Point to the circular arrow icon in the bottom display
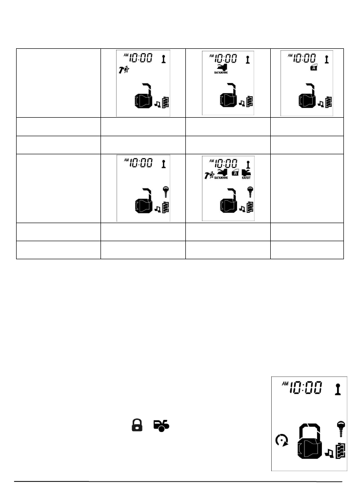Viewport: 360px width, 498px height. coord(280,442)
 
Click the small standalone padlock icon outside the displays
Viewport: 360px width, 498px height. coord(138,425)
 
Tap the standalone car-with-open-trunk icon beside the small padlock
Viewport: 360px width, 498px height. coord(161,425)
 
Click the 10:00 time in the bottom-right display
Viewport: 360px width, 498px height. coord(306,388)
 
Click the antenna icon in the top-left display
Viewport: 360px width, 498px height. coord(163,59)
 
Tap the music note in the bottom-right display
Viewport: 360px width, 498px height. coord(329,453)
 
